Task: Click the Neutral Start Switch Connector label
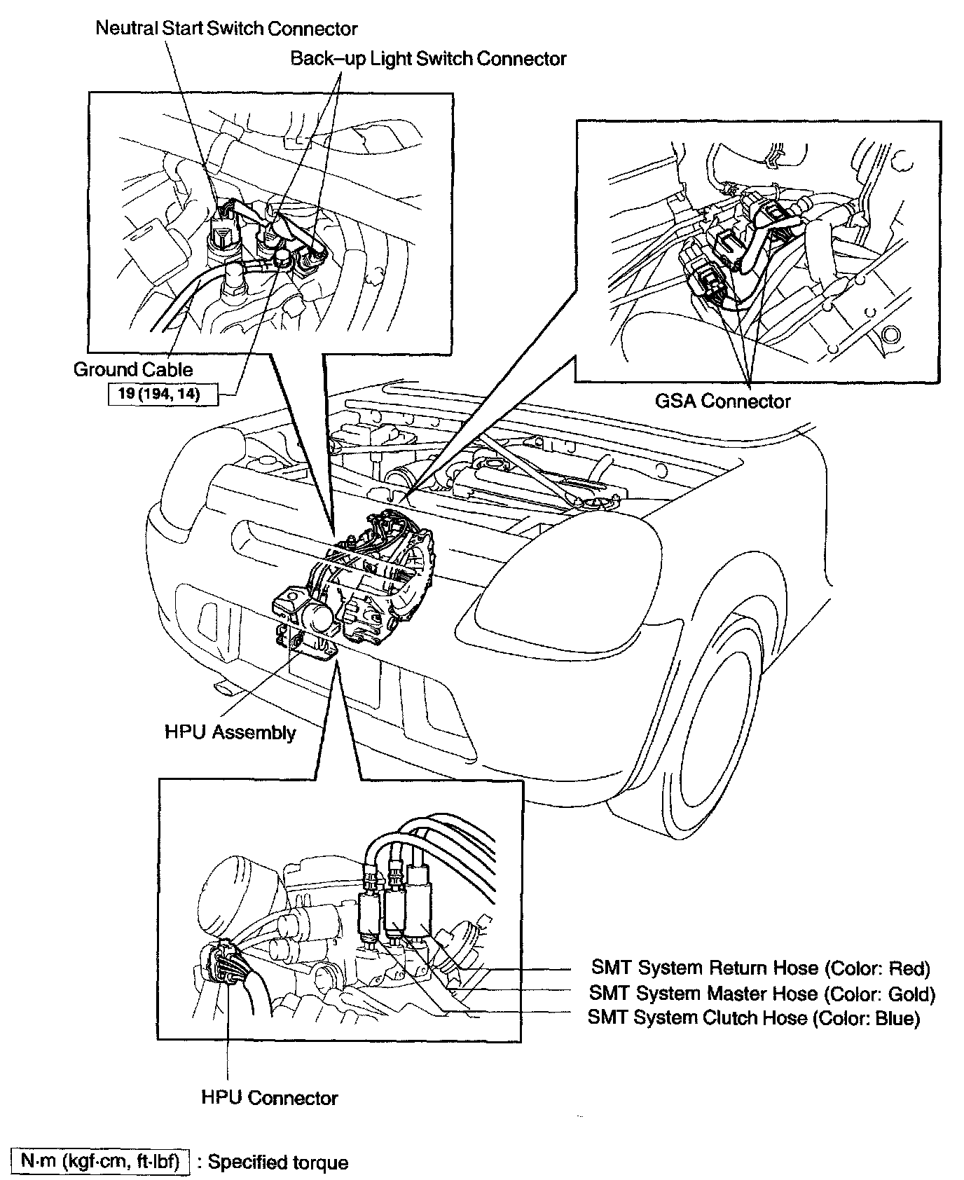226,29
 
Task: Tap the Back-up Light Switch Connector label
428,59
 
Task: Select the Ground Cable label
133,369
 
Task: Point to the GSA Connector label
722,402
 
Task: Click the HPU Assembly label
230,733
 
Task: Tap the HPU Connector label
269,1098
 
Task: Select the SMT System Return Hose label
705,968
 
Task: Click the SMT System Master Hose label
703,994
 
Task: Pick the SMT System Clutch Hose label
697,1017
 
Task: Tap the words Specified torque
278,1163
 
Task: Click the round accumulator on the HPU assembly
320,618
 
